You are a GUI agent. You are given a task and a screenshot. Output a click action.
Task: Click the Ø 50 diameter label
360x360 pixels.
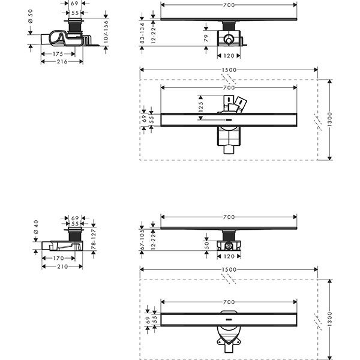[x=31, y=16]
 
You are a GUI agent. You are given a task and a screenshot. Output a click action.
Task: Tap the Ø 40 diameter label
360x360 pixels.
[x=36, y=227]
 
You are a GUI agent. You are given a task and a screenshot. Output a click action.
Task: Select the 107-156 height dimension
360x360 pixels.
[x=106, y=31]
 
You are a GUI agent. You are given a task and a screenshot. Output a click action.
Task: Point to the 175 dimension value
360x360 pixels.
[x=58, y=54]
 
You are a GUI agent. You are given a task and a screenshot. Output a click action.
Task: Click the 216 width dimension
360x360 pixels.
[x=62, y=62]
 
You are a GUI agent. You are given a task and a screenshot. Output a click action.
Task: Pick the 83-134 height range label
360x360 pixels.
[x=142, y=33]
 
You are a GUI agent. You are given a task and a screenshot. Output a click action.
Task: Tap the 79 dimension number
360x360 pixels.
[x=206, y=38]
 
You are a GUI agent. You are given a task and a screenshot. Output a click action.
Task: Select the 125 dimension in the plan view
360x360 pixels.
[x=200, y=107]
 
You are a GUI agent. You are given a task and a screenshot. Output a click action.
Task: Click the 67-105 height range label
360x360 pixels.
[x=142, y=239]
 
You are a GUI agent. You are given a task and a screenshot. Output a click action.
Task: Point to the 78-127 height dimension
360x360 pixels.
[x=94, y=239]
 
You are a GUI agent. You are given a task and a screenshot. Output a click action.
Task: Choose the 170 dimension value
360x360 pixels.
[x=58, y=258]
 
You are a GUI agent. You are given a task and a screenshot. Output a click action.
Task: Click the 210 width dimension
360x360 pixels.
[x=62, y=266]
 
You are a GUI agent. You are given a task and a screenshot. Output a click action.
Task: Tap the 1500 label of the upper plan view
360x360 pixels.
[x=229, y=70]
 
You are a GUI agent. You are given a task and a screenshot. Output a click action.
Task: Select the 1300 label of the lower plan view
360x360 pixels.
[x=329, y=319]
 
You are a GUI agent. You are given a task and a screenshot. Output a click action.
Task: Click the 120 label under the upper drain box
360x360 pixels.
[x=229, y=56]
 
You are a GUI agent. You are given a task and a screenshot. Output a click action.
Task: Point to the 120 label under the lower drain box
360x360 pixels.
[x=229, y=256]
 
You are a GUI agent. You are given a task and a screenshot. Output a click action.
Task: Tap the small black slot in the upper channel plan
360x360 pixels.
[x=229, y=120]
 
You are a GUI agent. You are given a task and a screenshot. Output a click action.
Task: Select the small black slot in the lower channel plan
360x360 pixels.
[x=229, y=319]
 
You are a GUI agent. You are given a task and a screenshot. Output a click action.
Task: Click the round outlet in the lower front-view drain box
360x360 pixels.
[x=229, y=247]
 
